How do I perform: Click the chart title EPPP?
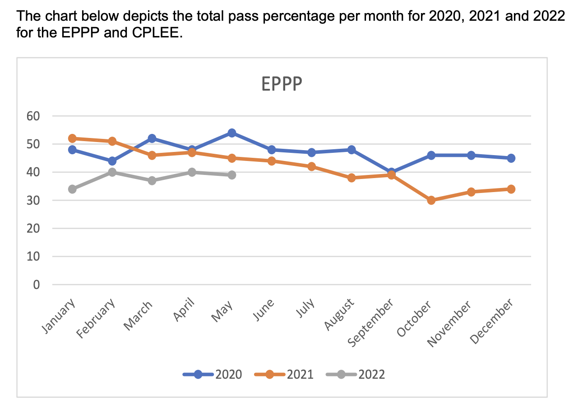click(282, 84)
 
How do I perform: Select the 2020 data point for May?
click(232, 133)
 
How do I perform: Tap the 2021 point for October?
click(431, 200)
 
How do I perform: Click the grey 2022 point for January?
click(72, 189)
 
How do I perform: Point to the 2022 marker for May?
click(232, 175)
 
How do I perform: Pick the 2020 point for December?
click(511, 158)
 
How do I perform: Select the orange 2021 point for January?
click(72, 138)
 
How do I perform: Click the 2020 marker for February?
click(112, 161)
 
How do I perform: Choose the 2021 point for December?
click(511, 189)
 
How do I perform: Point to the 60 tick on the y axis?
click(34, 116)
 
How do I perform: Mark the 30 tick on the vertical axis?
click(34, 201)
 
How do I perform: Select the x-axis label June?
click(264, 311)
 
